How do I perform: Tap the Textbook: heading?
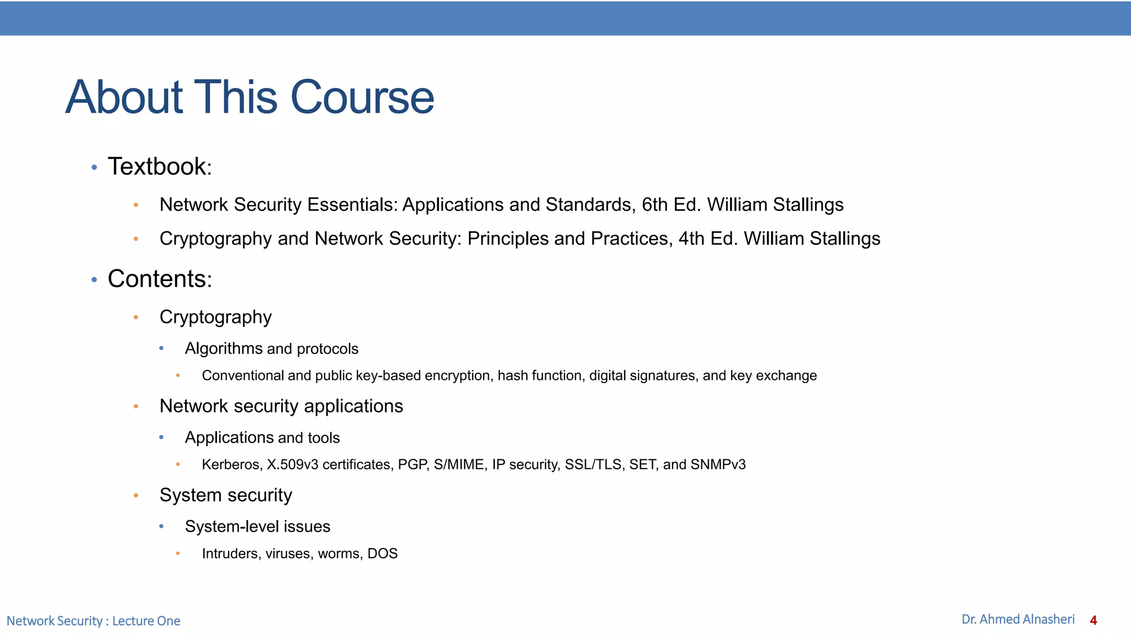(x=159, y=167)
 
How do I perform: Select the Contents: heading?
(x=159, y=279)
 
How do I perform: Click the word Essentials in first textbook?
(x=352, y=205)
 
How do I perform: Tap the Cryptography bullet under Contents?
(x=215, y=317)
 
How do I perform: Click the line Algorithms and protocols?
(x=271, y=349)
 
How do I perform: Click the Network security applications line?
(x=281, y=406)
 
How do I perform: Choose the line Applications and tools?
(x=262, y=438)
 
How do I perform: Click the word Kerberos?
(x=231, y=465)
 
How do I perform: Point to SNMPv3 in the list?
(x=717, y=465)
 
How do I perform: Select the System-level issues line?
(x=257, y=527)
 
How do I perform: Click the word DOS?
(x=382, y=554)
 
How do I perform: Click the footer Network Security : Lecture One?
(x=93, y=621)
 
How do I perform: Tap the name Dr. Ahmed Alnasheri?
(x=1018, y=619)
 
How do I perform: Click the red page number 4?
(x=1093, y=621)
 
